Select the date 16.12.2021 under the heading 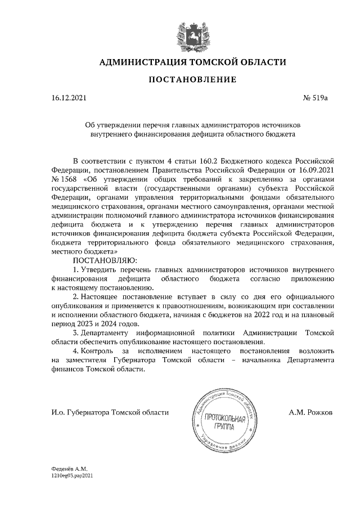point(69,99)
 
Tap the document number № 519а point(315,99)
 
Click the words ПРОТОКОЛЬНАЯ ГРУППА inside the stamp point(225,422)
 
